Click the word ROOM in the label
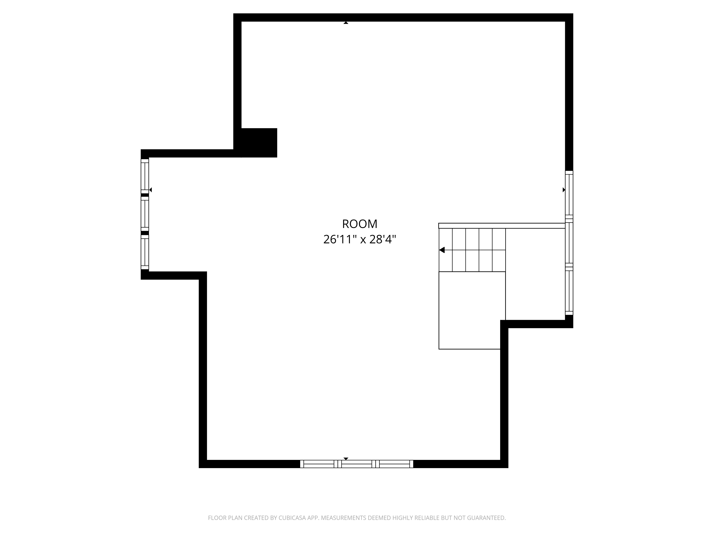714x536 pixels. tap(359, 224)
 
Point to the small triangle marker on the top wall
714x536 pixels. tap(346, 23)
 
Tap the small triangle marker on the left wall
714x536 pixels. tap(150, 190)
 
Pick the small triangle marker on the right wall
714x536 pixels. tap(564, 190)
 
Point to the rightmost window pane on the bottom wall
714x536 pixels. tap(394, 464)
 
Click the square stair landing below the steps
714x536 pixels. tap(470, 310)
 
